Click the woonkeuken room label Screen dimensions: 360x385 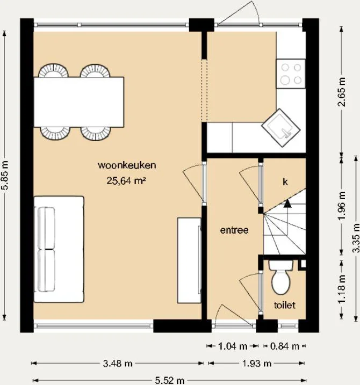(127, 165)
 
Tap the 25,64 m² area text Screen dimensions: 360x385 (126, 181)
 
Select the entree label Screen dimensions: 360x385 (234, 230)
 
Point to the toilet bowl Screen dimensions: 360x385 (281, 278)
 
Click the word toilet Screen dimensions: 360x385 (285, 305)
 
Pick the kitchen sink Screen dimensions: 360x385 (281, 128)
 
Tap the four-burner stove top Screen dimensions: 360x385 (291, 74)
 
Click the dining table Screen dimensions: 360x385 (78, 102)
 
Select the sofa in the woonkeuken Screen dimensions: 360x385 (59, 249)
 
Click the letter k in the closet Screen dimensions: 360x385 (285, 182)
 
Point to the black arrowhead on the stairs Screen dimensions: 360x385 (287, 204)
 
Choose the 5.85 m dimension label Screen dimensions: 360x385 (5, 175)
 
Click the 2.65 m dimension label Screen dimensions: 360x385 (342, 92)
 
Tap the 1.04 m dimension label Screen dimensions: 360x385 (233, 346)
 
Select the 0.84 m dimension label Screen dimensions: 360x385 (285, 346)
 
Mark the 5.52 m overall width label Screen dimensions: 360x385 (170, 381)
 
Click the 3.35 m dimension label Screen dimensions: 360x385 (356, 238)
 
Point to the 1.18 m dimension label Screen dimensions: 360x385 (342, 289)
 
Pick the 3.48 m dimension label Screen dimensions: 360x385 (118, 364)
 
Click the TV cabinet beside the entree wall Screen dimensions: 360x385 (189, 260)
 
